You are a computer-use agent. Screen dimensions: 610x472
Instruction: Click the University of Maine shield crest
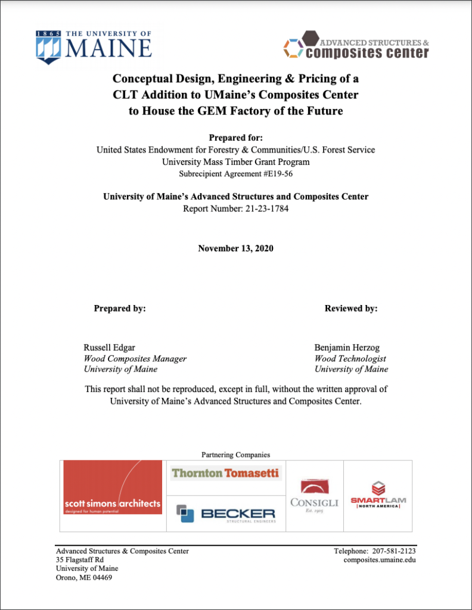(x=48, y=47)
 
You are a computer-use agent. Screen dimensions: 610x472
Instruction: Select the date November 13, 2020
(x=235, y=248)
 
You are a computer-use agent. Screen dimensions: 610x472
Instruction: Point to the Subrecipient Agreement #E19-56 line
(x=235, y=175)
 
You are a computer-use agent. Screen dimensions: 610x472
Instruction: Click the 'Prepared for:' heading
(x=235, y=138)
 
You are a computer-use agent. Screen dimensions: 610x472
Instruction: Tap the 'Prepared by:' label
(x=120, y=309)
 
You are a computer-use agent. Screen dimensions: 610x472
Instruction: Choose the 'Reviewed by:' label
(x=351, y=309)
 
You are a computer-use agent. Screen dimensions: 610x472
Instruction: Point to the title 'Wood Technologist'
(x=350, y=359)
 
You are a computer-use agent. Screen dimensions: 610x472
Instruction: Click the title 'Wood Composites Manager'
(x=135, y=359)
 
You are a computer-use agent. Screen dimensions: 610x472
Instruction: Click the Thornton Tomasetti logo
(x=226, y=474)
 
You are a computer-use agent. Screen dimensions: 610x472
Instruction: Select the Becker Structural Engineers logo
(x=226, y=513)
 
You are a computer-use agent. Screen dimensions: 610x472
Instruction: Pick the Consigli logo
(x=314, y=496)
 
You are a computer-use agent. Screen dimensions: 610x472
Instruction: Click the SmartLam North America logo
(x=378, y=496)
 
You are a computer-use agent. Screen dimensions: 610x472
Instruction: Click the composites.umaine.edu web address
(x=380, y=560)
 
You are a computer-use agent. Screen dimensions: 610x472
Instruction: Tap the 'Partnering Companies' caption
(x=235, y=455)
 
